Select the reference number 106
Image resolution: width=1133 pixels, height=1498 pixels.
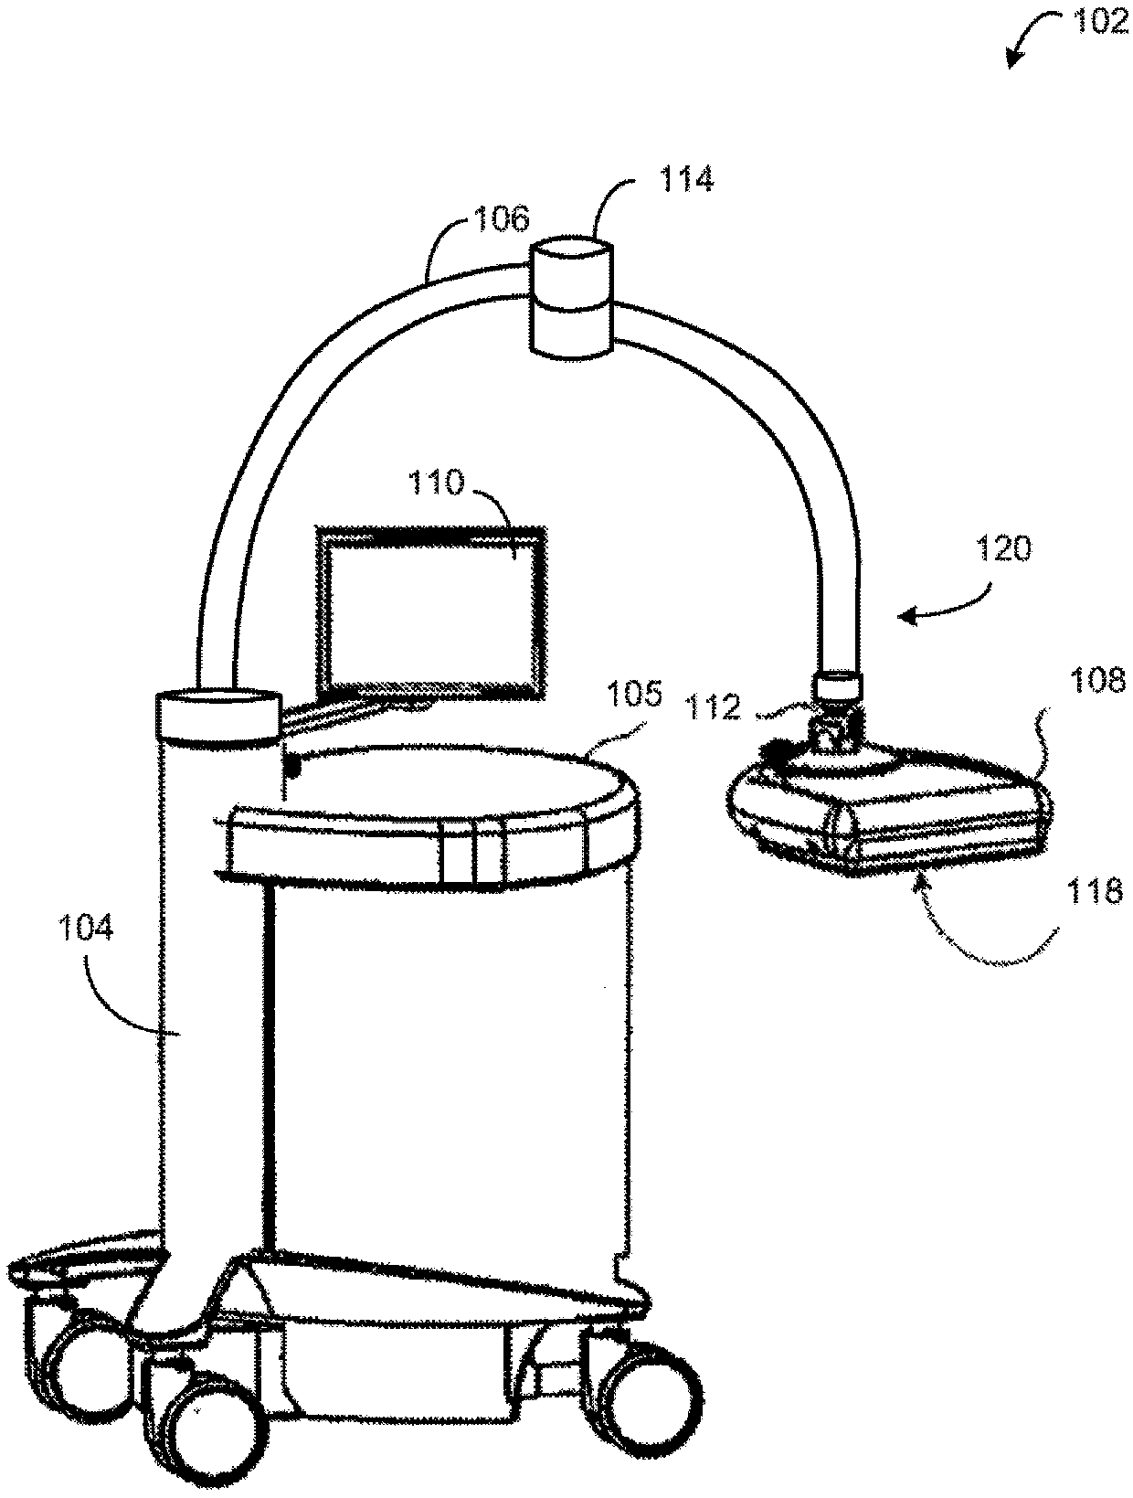[x=502, y=219]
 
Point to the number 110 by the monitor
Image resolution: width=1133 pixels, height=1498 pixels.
[x=437, y=482]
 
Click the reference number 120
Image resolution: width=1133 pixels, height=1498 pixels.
[x=1002, y=548]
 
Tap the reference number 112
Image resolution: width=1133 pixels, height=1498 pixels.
[x=715, y=707]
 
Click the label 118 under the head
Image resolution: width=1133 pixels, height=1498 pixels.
[x=1094, y=890]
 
